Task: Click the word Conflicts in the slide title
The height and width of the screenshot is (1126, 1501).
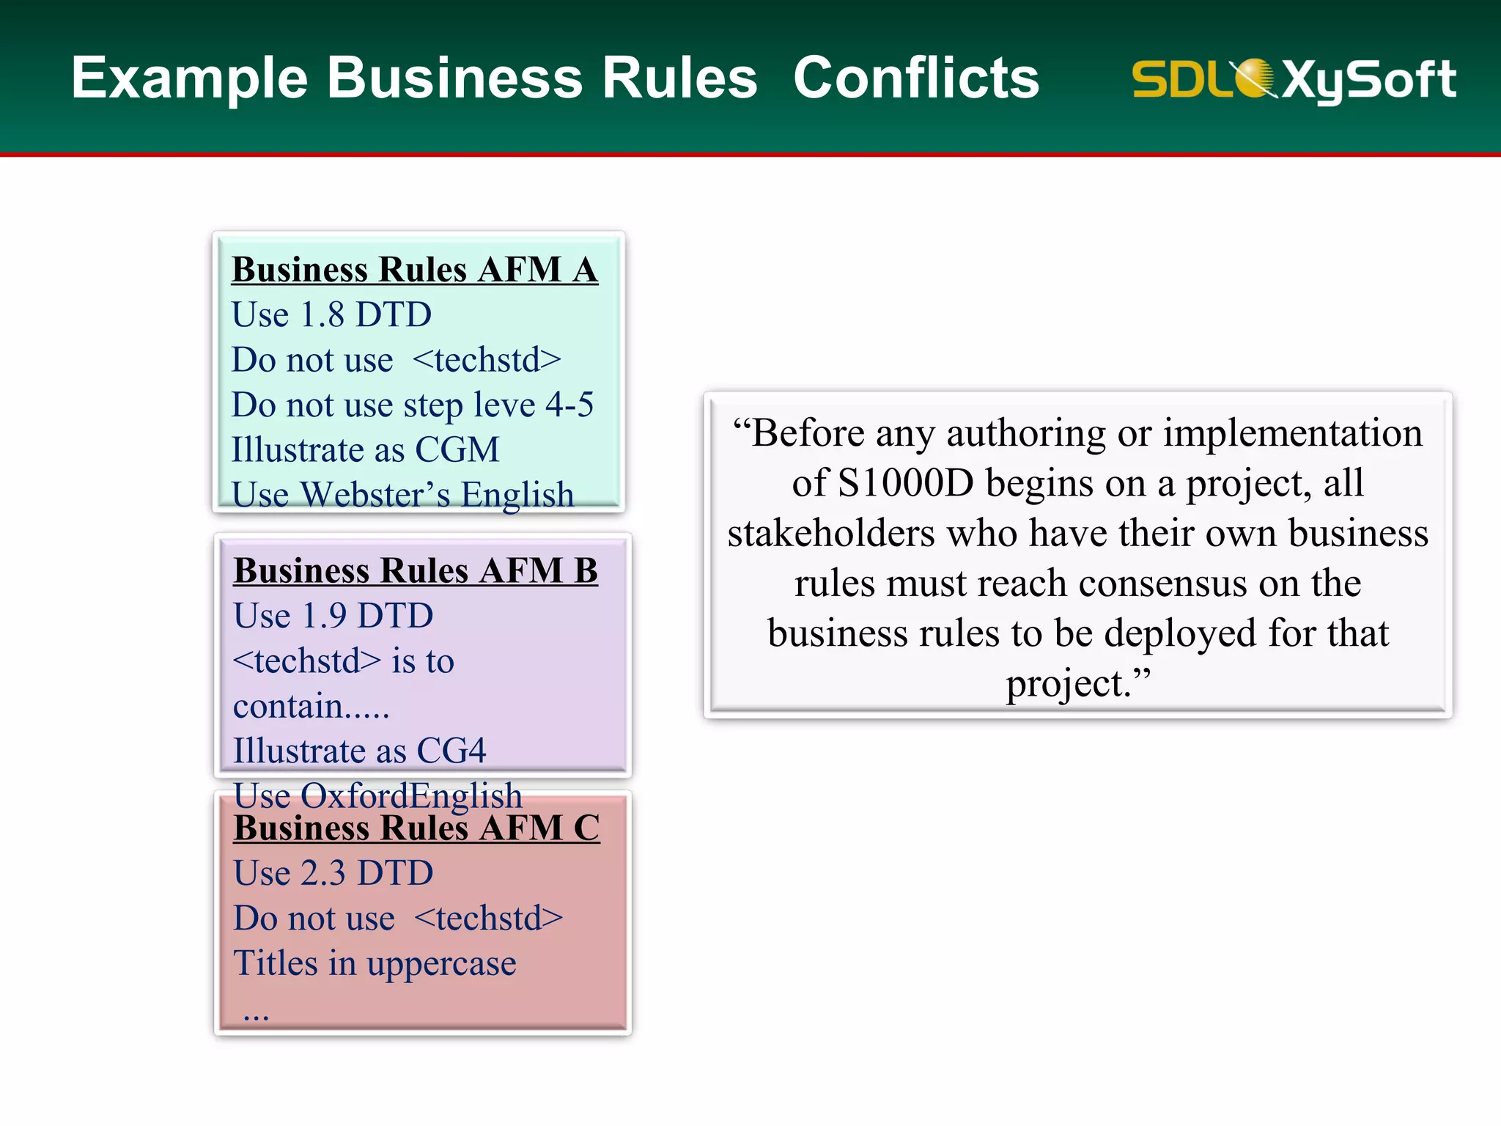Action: tap(916, 78)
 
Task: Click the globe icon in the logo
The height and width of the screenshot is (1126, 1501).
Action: tap(1255, 78)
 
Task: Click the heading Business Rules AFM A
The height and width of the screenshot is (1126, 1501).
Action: tap(415, 270)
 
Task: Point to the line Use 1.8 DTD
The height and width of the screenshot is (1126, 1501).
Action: tap(331, 315)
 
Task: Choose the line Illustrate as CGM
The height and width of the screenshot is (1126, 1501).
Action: tap(365, 450)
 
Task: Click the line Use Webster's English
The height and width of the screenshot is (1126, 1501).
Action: tap(402, 495)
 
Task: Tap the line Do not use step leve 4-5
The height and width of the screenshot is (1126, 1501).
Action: tap(412, 405)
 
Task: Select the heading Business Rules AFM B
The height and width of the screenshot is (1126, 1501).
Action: tap(416, 570)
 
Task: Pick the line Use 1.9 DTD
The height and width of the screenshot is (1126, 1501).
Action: tap(333, 616)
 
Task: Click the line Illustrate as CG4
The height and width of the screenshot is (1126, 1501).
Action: tap(359, 751)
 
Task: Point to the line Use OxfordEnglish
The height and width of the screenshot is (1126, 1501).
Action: tap(377, 795)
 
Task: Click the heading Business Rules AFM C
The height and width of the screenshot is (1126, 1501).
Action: tap(416, 828)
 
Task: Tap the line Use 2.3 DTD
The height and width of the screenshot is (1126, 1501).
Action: tap(333, 873)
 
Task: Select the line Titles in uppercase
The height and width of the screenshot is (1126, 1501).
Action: tap(375, 963)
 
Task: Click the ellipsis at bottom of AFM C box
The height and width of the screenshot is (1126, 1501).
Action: tap(257, 1015)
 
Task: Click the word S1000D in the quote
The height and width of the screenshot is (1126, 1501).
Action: tap(905, 484)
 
